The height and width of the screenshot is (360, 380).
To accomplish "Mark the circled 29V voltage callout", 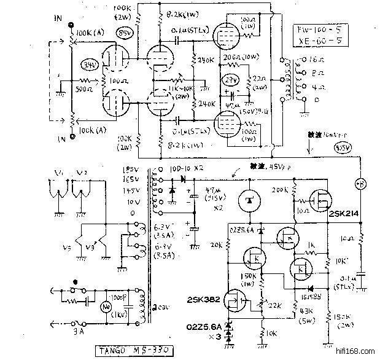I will (x=231, y=80).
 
